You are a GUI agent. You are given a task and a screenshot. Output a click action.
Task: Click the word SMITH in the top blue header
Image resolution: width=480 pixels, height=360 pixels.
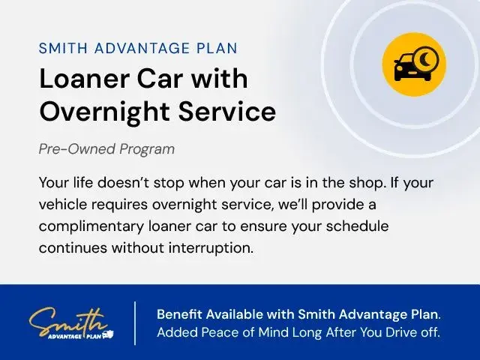pyautogui.click(x=63, y=48)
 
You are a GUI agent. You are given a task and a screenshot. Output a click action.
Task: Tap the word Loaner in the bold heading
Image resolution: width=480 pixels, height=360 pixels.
pyautogui.click(x=85, y=79)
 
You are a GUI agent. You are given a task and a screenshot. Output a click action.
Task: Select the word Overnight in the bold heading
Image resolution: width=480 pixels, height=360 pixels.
pyautogui.click(x=105, y=112)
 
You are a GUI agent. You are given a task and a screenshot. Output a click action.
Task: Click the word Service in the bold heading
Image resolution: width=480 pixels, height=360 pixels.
pyautogui.click(x=227, y=111)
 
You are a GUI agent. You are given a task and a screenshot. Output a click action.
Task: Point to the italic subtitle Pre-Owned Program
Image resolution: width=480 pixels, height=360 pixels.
pyautogui.click(x=106, y=149)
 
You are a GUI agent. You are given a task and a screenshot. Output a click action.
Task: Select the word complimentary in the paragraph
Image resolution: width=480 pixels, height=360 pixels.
pyautogui.click(x=91, y=226)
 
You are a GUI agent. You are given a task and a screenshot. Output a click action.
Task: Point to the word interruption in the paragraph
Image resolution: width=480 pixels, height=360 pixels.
pyautogui.click(x=211, y=248)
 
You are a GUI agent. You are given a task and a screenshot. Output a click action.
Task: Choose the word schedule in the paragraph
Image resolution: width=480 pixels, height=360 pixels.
pyautogui.click(x=357, y=226)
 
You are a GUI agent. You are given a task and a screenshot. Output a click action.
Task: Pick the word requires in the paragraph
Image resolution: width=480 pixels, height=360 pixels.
pyautogui.click(x=120, y=205)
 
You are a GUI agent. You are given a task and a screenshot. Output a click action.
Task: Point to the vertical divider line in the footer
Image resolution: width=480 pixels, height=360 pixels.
pyautogui.click(x=135, y=323)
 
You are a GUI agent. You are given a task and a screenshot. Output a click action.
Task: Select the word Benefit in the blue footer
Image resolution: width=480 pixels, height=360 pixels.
pyautogui.click(x=179, y=314)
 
